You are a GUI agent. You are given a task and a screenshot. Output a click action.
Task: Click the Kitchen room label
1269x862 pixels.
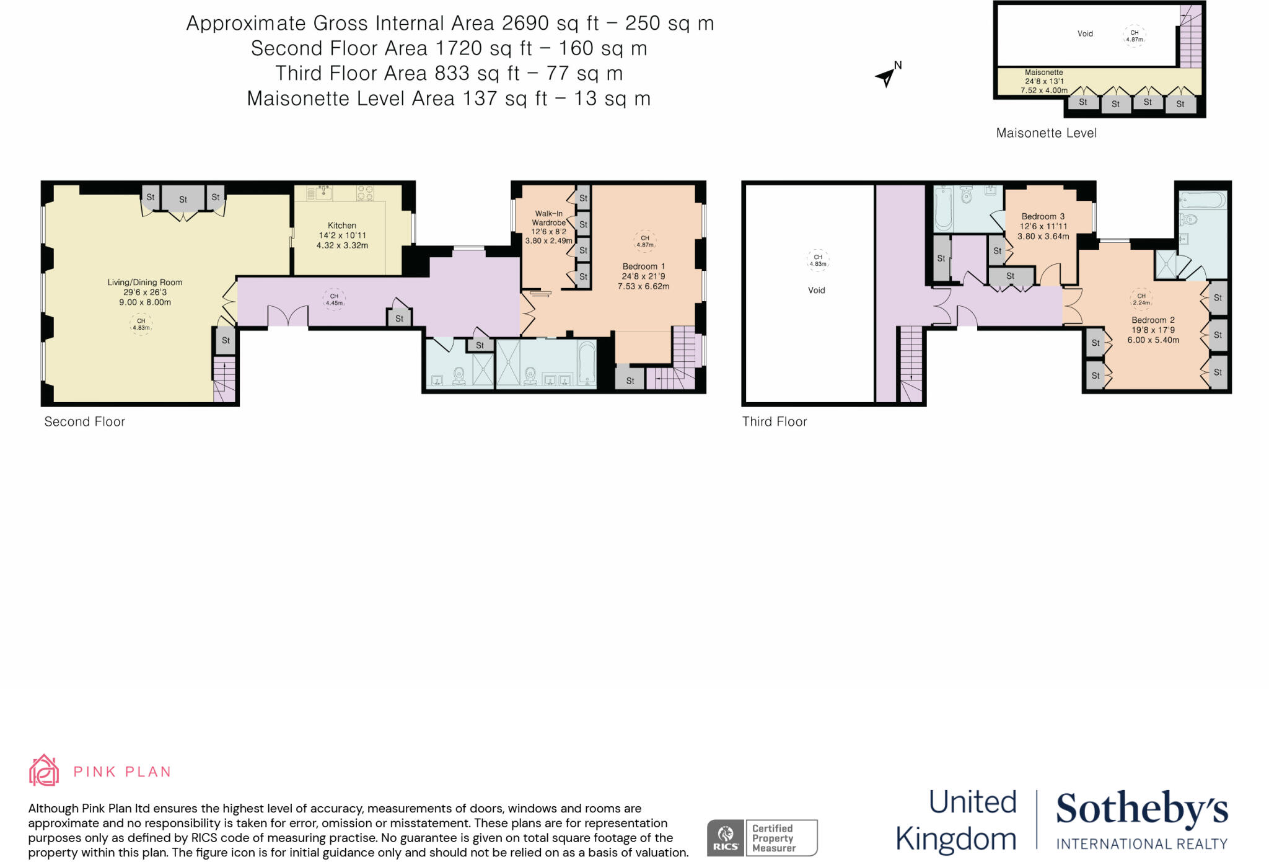coord(341,226)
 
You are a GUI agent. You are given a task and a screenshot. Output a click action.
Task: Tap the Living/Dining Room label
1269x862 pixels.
coord(144,282)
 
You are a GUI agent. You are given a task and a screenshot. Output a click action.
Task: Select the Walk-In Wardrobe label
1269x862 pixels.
coord(549,218)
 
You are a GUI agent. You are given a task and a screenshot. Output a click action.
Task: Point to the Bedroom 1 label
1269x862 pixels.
coord(643,266)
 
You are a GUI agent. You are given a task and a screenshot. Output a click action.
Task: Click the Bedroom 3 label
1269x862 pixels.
coord(1043,216)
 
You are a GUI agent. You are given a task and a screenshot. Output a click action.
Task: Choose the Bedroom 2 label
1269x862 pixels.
coord(1153,320)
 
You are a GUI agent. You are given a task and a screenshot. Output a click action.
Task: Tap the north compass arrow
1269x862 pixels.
coord(887,77)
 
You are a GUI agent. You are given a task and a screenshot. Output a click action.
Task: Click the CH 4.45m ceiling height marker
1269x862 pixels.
coord(334,299)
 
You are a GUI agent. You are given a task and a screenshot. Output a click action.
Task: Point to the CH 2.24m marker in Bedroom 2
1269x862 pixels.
coord(1141,299)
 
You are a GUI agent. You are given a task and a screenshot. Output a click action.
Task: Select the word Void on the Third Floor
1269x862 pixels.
coord(816,290)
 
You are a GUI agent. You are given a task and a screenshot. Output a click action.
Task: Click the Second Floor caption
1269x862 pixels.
coord(84,421)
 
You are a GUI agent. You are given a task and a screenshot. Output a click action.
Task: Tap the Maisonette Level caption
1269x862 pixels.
coord(1046,133)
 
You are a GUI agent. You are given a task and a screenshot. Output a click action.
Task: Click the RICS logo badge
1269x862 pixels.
coord(725,838)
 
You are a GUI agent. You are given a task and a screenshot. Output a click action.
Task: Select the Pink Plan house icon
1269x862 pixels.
coord(44,770)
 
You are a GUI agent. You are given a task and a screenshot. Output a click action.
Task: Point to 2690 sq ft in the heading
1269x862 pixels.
coord(550,23)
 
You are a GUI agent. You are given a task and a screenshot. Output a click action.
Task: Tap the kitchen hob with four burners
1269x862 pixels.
coord(365,193)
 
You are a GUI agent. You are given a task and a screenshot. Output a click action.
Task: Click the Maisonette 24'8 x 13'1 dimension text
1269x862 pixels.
coord(1044,81)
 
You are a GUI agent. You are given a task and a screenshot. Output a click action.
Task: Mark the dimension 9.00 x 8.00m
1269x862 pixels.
coord(145,302)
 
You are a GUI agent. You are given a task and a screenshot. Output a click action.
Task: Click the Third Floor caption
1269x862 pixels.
coord(775,421)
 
